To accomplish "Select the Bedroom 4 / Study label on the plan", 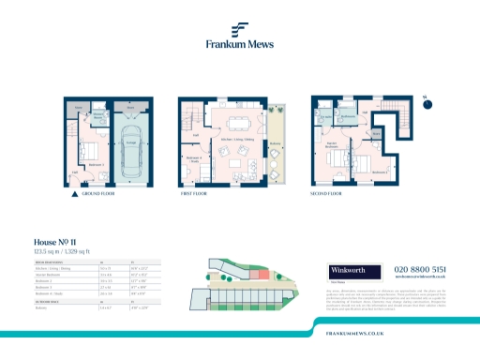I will click(x=193, y=158).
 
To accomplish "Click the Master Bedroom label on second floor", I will click(x=331, y=145).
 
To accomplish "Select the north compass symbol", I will click(x=426, y=104).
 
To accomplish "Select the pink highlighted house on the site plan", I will click(x=265, y=272).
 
